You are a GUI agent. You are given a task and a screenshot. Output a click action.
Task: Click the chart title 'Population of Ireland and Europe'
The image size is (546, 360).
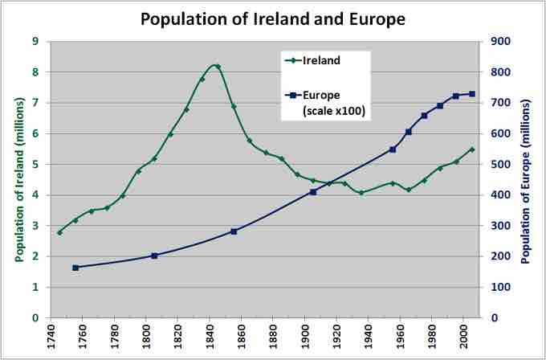273,18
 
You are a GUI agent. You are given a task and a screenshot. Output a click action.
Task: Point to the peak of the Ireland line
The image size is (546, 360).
217,66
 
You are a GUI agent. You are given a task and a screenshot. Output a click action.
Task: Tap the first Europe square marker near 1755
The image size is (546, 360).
75,268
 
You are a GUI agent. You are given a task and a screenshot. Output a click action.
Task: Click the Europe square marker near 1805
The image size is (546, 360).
155,256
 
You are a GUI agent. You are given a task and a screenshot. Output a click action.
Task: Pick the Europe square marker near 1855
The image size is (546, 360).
234,231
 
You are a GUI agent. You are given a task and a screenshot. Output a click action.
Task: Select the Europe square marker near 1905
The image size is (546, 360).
313,192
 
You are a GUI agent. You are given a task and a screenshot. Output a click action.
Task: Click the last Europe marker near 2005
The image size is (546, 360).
471,94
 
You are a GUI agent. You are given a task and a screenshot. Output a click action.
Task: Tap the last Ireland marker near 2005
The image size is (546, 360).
471,149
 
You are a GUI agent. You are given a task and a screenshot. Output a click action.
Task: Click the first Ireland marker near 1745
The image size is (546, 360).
59,232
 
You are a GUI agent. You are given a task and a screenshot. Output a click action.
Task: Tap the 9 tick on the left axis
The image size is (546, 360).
35,41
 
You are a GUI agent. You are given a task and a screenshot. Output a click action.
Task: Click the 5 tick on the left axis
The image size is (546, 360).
35,164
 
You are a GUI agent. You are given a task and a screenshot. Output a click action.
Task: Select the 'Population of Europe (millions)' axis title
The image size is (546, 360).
526,179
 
